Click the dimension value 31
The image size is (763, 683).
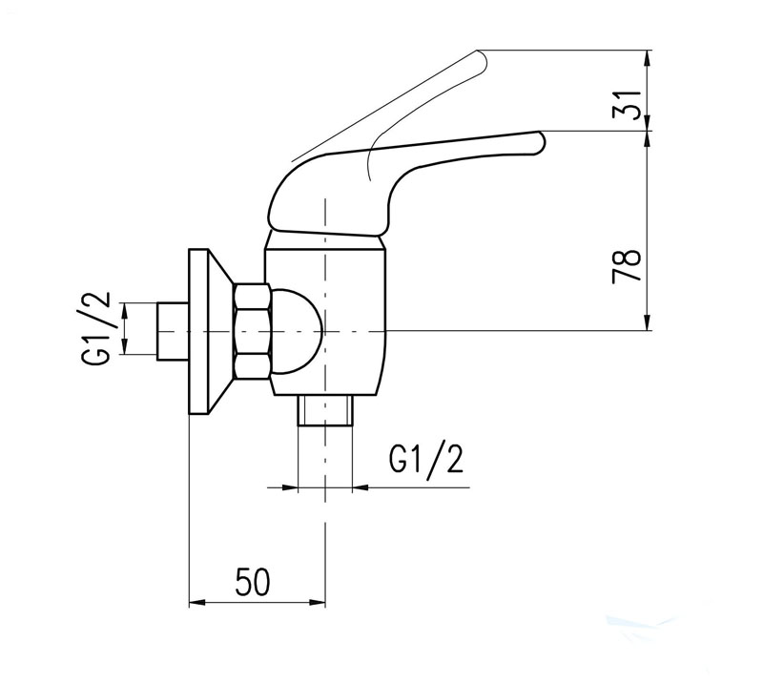click(x=627, y=105)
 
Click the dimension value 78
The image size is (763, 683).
click(x=627, y=266)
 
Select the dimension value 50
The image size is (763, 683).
click(x=252, y=582)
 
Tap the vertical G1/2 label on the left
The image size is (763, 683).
click(x=96, y=328)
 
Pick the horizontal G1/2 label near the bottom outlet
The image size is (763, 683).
click(x=425, y=459)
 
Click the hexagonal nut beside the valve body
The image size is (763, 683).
click(x=252, y=332)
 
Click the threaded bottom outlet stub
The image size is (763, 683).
click(x=324, y=409)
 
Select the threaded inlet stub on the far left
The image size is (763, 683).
click(x=173, y=332)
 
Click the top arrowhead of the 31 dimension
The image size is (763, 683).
click(x=648, y=56)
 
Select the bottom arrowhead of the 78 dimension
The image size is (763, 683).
click(x=648, y=323)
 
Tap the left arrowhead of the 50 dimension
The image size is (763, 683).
click(x=197, y=603)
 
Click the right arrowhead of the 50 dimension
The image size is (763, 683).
click(x=317, y=603)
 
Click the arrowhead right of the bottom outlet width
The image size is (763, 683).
click(x=361, y=486)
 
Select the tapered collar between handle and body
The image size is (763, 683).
click(x=325, y=240)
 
